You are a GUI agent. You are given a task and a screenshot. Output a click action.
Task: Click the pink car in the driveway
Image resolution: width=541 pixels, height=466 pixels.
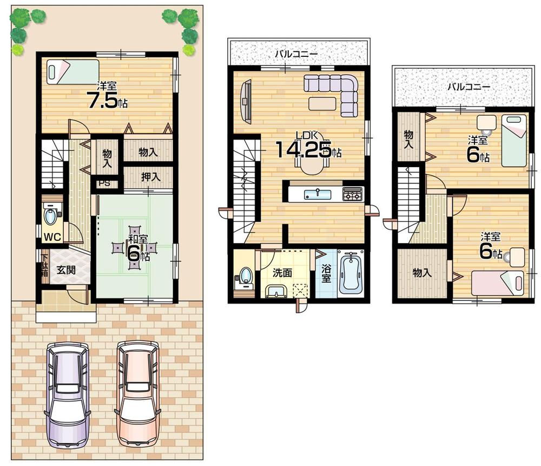138,394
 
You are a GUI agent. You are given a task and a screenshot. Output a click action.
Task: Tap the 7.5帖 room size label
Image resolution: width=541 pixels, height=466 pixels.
107,99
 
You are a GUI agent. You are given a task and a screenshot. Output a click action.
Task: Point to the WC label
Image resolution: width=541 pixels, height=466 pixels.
51,236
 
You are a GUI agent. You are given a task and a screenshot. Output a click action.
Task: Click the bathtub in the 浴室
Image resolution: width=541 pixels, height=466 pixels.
351,273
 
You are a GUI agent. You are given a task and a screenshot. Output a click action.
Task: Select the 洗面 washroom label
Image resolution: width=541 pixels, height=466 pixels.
281,273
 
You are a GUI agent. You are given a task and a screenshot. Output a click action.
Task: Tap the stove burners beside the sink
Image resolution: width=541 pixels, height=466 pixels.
353,194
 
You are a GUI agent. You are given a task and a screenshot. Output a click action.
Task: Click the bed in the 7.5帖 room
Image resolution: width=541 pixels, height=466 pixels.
72,73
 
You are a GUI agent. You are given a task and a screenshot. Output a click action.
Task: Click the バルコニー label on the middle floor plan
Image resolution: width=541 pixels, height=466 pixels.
295,54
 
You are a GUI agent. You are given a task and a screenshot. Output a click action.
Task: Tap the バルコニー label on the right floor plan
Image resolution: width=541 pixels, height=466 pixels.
469,87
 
